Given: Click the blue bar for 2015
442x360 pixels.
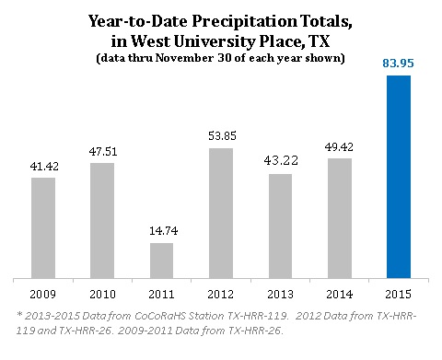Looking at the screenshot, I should pos(398,176).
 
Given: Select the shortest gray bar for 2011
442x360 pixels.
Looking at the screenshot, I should pos(160,260).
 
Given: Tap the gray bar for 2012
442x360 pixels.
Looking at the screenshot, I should pos(220,213).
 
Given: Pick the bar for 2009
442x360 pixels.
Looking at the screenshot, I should pos(42,226).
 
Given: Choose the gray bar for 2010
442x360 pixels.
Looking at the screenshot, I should pos(102,220).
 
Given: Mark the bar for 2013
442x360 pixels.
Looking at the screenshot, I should pos(279,225).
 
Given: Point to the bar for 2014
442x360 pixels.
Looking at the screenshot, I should pos(339,217).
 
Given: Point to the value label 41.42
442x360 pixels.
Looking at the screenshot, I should pos(42,166).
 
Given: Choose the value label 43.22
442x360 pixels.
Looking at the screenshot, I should pos(279,161).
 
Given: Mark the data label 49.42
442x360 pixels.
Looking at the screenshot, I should pos(339,146).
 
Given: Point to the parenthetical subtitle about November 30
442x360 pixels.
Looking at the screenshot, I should pos(220,57).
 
